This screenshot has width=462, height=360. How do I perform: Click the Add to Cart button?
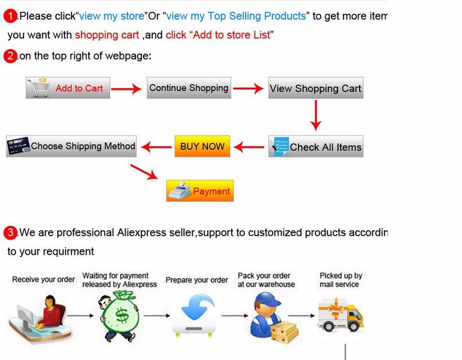pyautogui.click(x=68, y=88)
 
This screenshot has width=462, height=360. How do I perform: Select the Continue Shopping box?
pyautogui.click(x=188, y=88)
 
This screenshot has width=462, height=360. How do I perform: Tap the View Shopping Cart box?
pyautogui.click(x=316, y=88)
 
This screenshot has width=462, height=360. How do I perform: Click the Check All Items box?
pyautogui.click(x=316, y=147)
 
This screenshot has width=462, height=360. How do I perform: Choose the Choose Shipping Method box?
pyautogui.click(x=71, y=146)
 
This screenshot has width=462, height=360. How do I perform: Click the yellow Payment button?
pyautogui.click(x=200, y=191)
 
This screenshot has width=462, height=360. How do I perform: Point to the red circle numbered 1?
pyautogui.click(x=10, y=16)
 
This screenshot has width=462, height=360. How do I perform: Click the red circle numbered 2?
pyautogui.click(x=10, y=56)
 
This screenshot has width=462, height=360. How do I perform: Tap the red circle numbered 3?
pyautogui.click(x=10, y=233)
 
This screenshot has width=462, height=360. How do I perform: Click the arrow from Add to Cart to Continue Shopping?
pyautogui.click(x=127, y=89)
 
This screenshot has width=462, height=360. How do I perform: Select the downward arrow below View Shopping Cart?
pyautogui.click(x=316, y=114)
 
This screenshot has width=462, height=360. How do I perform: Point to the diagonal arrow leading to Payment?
pyautogui.click(x=144, y=171)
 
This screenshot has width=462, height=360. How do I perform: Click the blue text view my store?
pyautogui.click(x=112, y=16)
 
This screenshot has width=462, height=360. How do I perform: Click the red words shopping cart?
pyautogui.click(x=107, y=35)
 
